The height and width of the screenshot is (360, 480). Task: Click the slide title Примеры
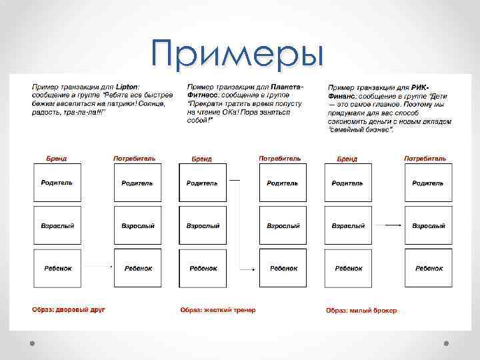coord(237,53)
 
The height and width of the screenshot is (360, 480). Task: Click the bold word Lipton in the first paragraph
coord(126,87)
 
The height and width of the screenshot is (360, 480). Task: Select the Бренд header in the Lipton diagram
coord(57,159)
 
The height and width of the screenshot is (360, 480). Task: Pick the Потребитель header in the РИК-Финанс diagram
coord(425,159)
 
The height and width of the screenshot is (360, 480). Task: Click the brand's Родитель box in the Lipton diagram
coord(57,183)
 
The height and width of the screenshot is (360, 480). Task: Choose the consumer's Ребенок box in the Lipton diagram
coord(137,268)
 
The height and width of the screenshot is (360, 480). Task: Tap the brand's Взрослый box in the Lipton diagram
coord(57,225)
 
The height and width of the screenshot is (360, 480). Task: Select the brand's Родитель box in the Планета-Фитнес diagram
coord(203,183)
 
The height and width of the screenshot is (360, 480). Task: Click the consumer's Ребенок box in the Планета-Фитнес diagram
coord(283,268)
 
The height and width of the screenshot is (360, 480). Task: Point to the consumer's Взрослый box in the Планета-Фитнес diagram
coord(283,225)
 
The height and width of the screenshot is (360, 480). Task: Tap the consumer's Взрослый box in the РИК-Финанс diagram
coord(429,225)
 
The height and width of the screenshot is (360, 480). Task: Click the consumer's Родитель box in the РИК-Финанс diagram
coord(429,183)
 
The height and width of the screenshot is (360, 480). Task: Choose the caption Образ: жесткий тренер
coord(218,309)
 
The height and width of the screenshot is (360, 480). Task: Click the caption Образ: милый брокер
coord(361,310)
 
